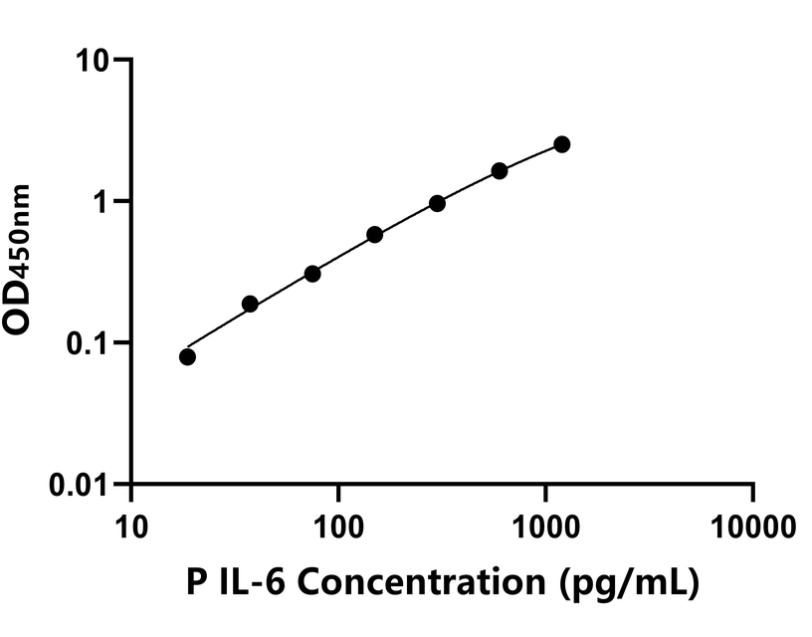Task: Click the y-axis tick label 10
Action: pyautogui.click(x=94, y=61)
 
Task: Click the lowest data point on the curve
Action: pyautogui.click(x=187, y=356)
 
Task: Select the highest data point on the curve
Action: pyautogui.click(x=562, y=144)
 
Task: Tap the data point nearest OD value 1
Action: pyautogui.click(x=437, y=203)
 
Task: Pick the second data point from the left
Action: pyautogui.click(x=250, y=304)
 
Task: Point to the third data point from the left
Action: pyautogui.click(x=312, y=273)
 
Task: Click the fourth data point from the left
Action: pyautogui.click(x=375, y=235)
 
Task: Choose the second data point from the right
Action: pyautogui.click(x=500, y=170)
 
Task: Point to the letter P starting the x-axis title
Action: pyautogui.click(x=196, y=582)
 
